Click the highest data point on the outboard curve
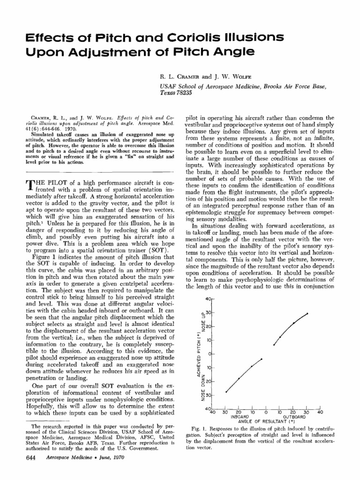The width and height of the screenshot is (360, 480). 307,314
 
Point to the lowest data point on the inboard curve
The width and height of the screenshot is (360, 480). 226,392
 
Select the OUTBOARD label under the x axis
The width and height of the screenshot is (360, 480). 295,416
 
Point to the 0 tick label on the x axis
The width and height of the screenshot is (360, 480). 266,412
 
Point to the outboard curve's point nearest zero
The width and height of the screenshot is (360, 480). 274,345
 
